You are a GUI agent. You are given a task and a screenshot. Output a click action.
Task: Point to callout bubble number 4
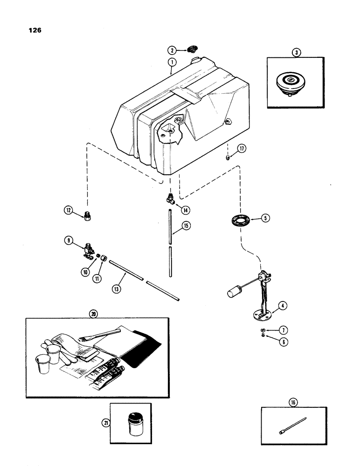(x=282, y=307)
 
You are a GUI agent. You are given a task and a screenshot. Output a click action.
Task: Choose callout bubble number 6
(x=283, y=341)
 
